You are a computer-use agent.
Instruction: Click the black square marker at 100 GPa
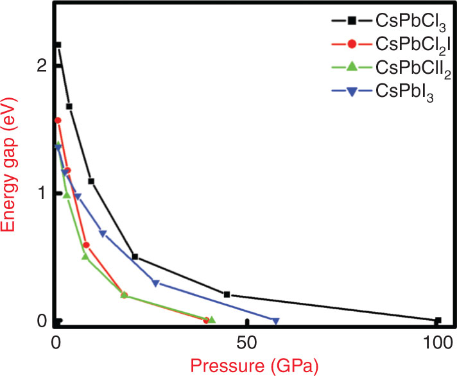[438, 320]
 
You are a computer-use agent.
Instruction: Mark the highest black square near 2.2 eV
[58, 45]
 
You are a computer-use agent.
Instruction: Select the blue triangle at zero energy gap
[276, 321]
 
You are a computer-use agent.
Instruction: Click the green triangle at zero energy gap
[212, 320]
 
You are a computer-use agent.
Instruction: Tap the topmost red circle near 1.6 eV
[58, 120]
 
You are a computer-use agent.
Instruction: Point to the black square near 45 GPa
[227, 295]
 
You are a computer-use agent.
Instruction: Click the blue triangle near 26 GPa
[155, 282]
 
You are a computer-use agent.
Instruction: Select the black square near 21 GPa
[135, 257]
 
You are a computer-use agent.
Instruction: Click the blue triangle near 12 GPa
[103, 234]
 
